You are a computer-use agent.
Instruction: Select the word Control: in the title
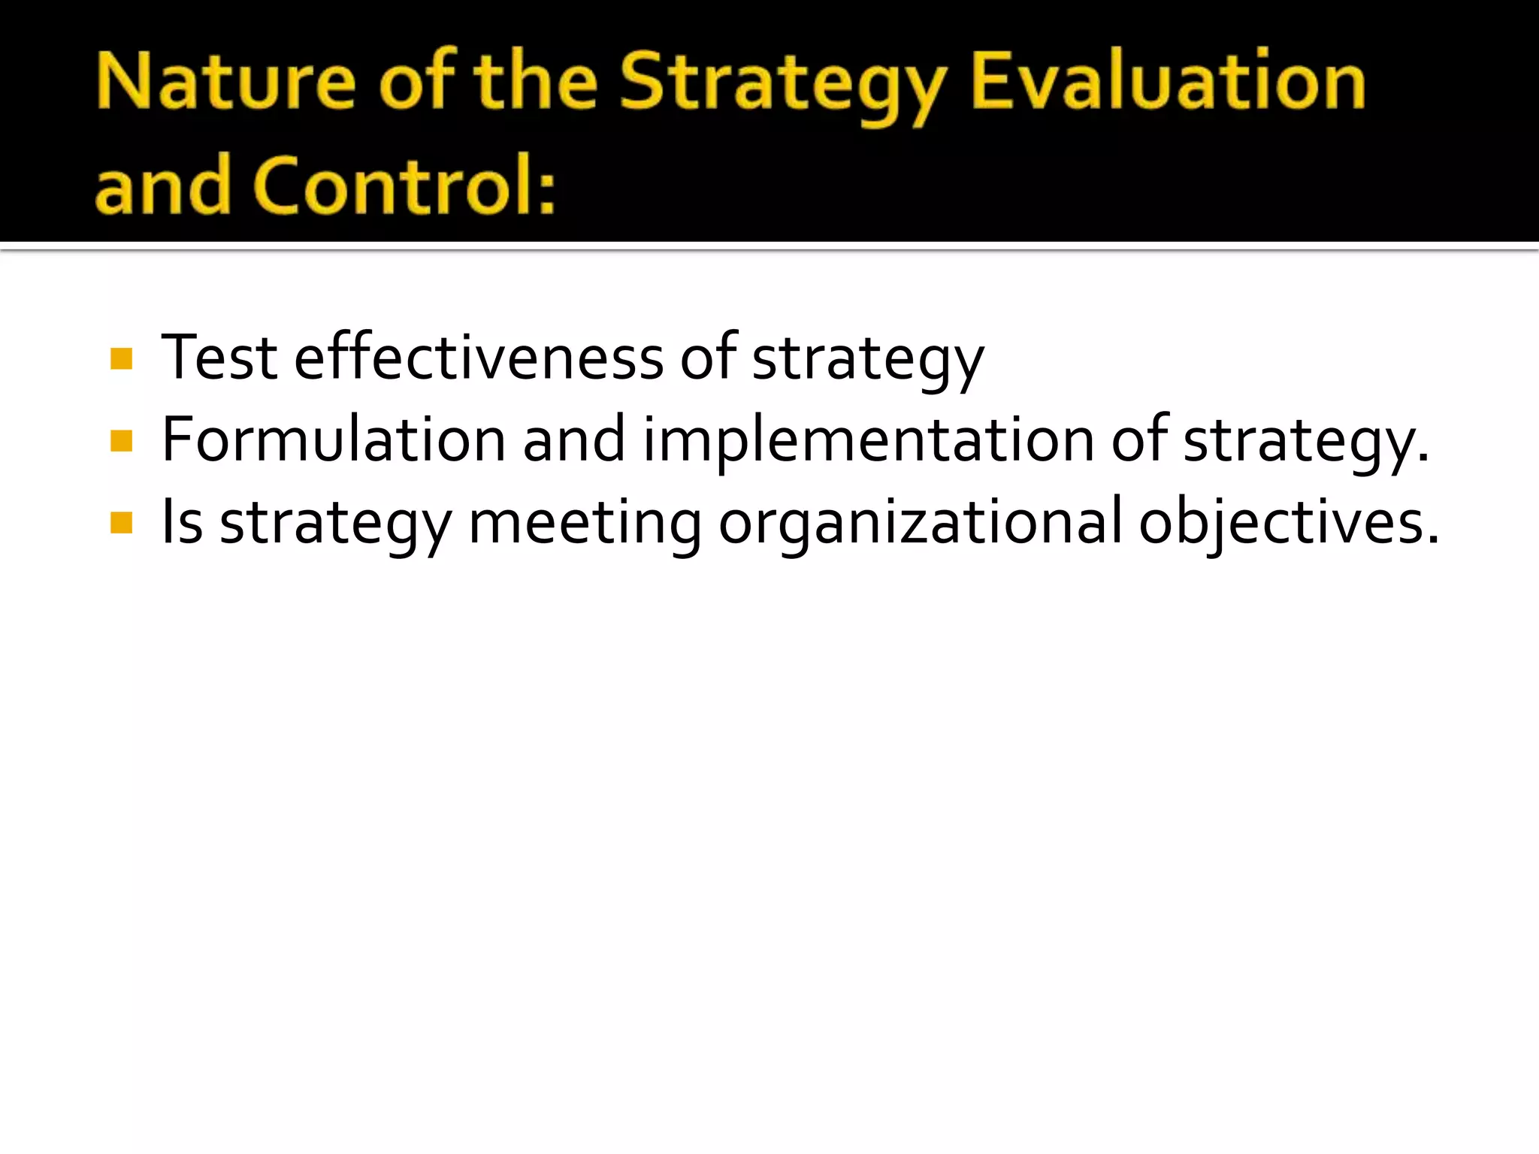pos(404,186)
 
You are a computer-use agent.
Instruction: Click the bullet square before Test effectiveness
pos(121,358)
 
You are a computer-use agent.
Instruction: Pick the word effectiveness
pos(479,358)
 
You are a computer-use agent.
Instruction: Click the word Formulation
pos(334,440)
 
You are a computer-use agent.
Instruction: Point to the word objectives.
pos(1288,523)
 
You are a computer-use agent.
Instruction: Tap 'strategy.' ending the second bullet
pos(1306,443)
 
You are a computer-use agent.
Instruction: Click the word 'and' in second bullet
pos(574,440)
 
